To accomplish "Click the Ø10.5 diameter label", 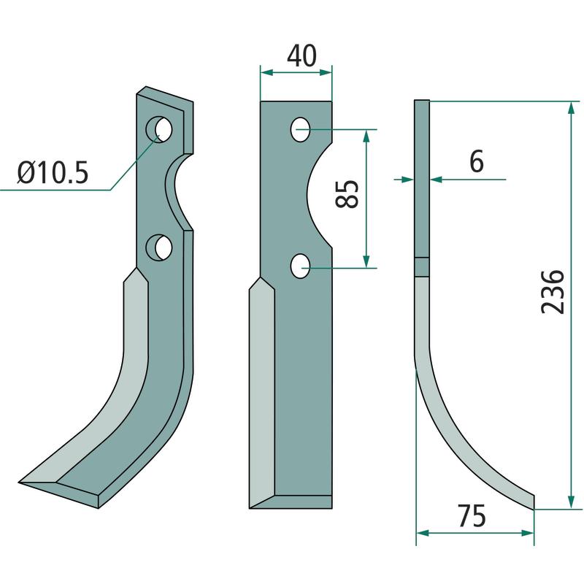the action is [x=53, y=172].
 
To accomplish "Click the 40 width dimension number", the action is [x=301, y=56].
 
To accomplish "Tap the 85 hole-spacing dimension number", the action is [x=347, y=193].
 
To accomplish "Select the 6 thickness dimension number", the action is [x=477, y=161].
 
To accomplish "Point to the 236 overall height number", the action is [x=553, y=292].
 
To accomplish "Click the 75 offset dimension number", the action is [x=472, y=516].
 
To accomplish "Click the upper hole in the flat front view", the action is [x=300, y=130].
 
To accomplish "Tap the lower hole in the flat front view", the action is [x=300, y=266].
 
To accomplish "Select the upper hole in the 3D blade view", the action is [x=159, y=129].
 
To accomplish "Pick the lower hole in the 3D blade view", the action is [x=159, y=247].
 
